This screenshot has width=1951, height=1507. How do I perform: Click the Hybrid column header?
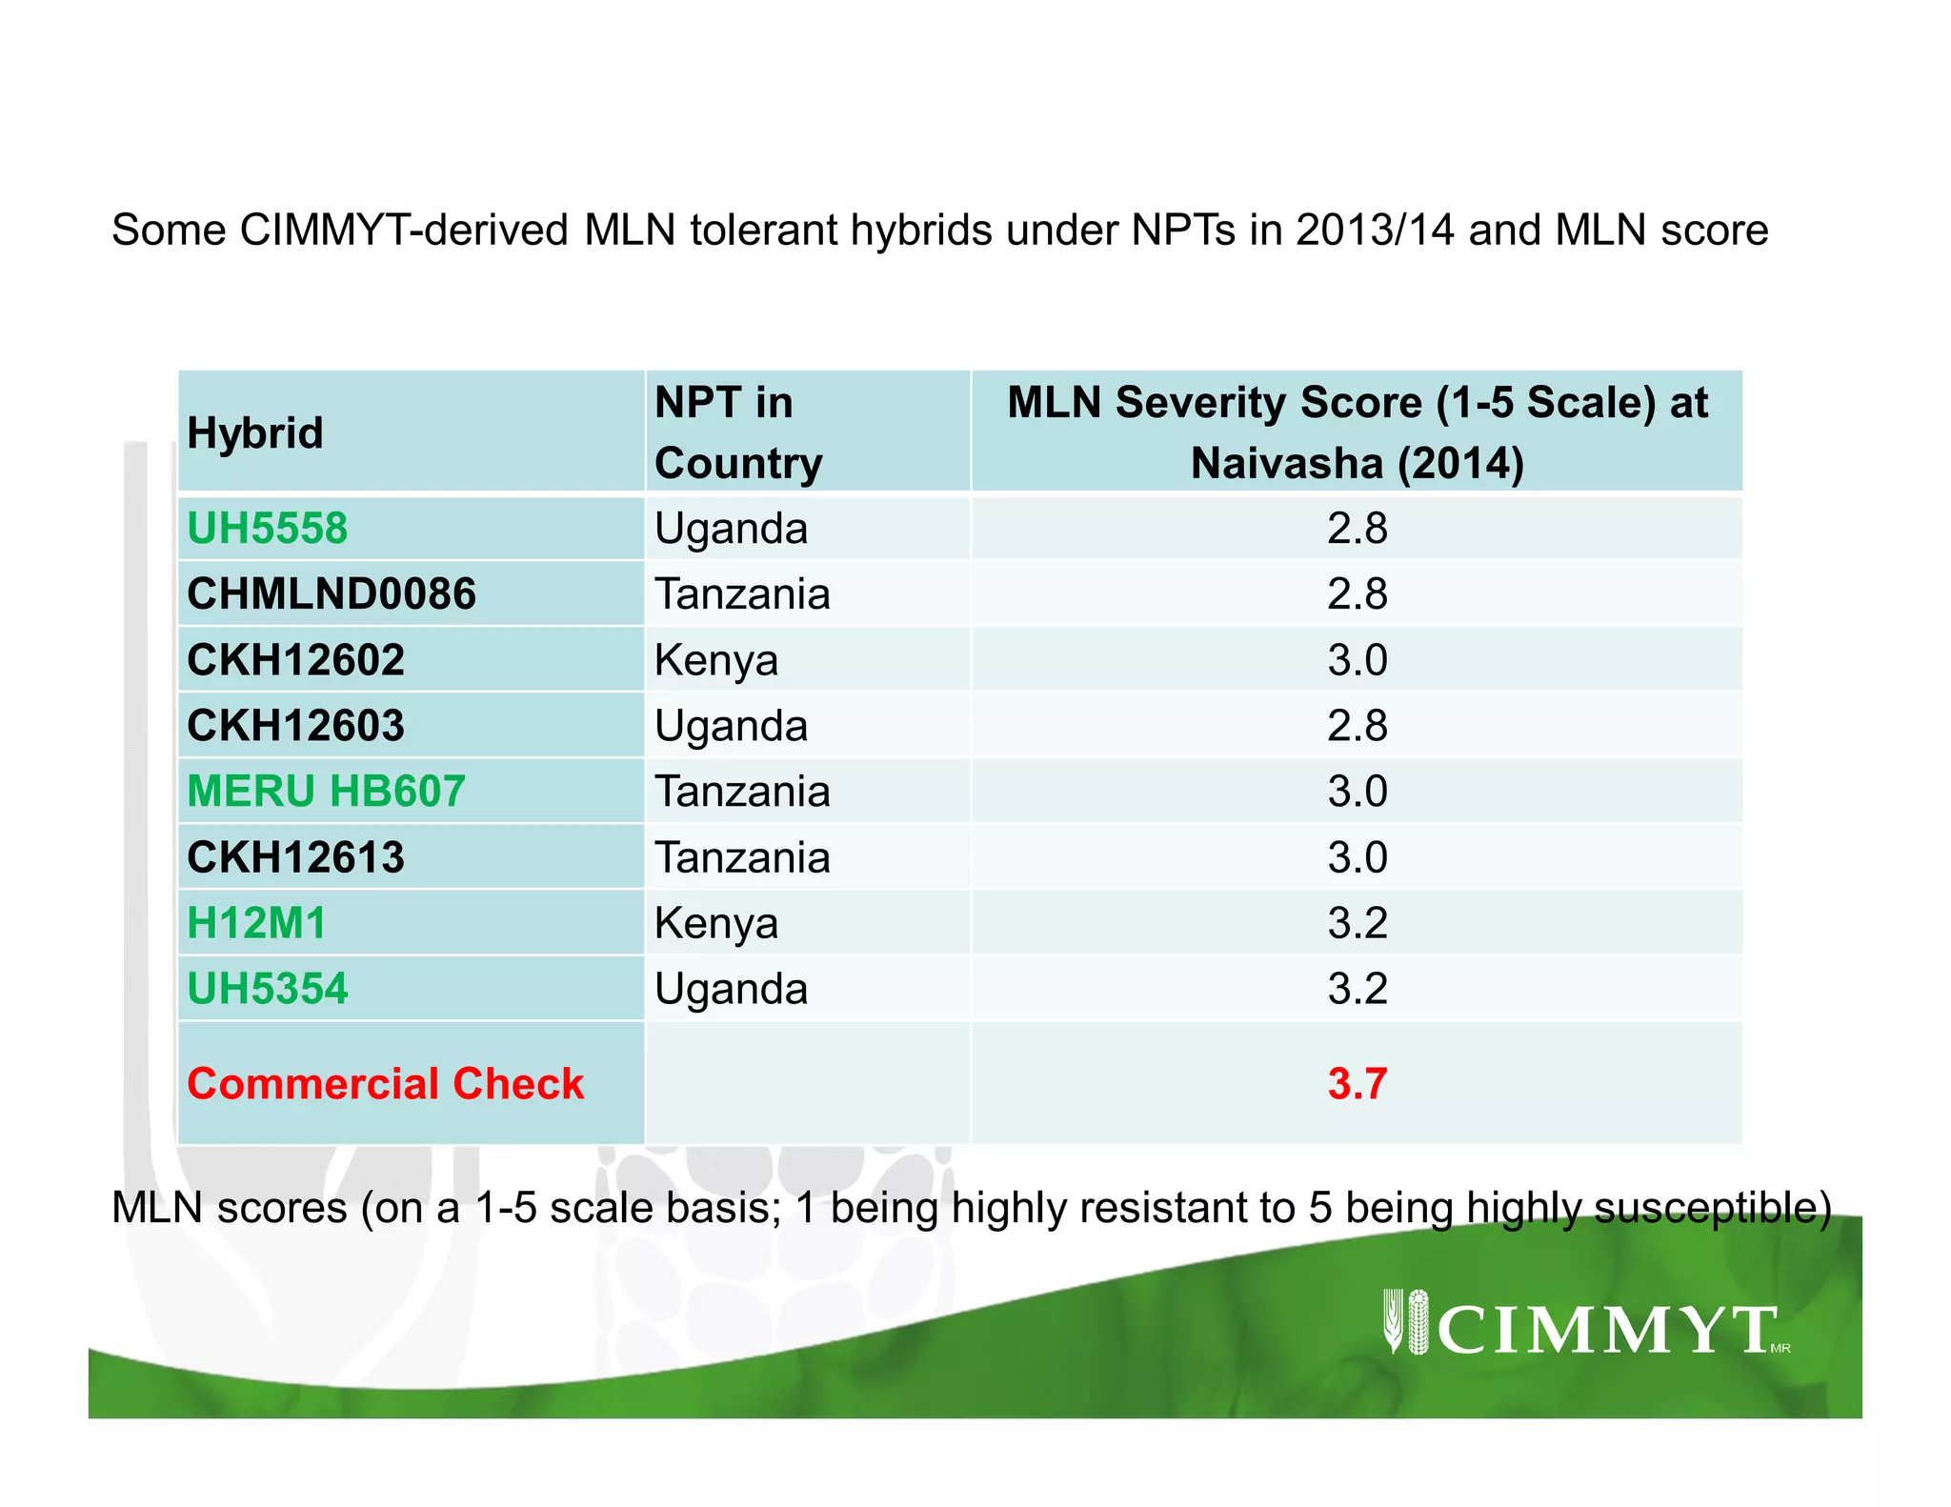pyautogui.click(x=255, y=433)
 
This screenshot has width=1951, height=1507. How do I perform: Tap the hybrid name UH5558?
pyautogui.click(x=268, y=529)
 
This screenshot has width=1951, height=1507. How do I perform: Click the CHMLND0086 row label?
pyautogui.click(x=331, y=594)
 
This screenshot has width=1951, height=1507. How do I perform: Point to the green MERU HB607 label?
pyautogui.click(x=326, y=792)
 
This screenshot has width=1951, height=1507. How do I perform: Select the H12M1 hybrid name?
pyautogui.click(x=256, y=923)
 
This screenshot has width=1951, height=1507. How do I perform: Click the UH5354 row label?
pyautogui.click(x=268, y=989)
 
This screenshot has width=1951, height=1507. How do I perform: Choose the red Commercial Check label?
pyautogui.click(x=385, y=1084)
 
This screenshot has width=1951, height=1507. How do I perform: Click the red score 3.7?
pyautogui.click(x=1357, y=1084)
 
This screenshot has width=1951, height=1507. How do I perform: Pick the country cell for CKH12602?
pyautogui.click(x=716, y=660)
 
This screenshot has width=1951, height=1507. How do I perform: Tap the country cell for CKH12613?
pyautogui.click(x=742, y=857)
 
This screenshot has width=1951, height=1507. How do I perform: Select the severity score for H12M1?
pyautogui.click(x=1357, y=923)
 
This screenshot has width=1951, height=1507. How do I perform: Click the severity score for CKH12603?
pyautogui.click(x=1357, y=726)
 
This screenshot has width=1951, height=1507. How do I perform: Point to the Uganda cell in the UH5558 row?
pyautogui.click(x=731, y=529)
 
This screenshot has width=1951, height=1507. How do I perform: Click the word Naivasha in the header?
pyautogui.click(x=1286, y=464)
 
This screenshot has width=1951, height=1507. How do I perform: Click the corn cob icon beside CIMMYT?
pyautogui.click(x=1418, y=1321)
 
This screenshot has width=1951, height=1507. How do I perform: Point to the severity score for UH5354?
pyautogui.click(x=1357, y=989)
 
